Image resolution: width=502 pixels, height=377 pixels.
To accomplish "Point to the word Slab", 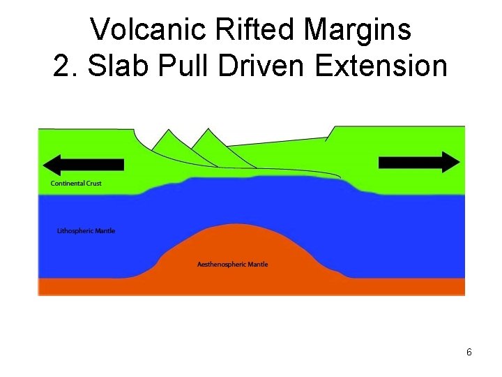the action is [113, 66].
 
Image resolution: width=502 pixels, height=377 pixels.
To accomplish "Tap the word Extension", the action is [381, 66].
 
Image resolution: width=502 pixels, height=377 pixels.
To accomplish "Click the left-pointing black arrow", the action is [83, 164].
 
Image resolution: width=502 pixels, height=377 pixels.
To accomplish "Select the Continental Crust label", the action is [77, 184].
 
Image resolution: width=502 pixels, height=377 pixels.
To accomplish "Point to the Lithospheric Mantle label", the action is [86, 231].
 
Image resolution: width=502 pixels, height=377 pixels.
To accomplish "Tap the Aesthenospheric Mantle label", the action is [233, 265].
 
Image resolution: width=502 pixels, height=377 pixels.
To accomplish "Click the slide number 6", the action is [469, 353].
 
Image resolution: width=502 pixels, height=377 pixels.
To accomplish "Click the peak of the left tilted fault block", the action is [167, 130].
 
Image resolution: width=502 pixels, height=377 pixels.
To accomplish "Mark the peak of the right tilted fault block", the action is [206, 130].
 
